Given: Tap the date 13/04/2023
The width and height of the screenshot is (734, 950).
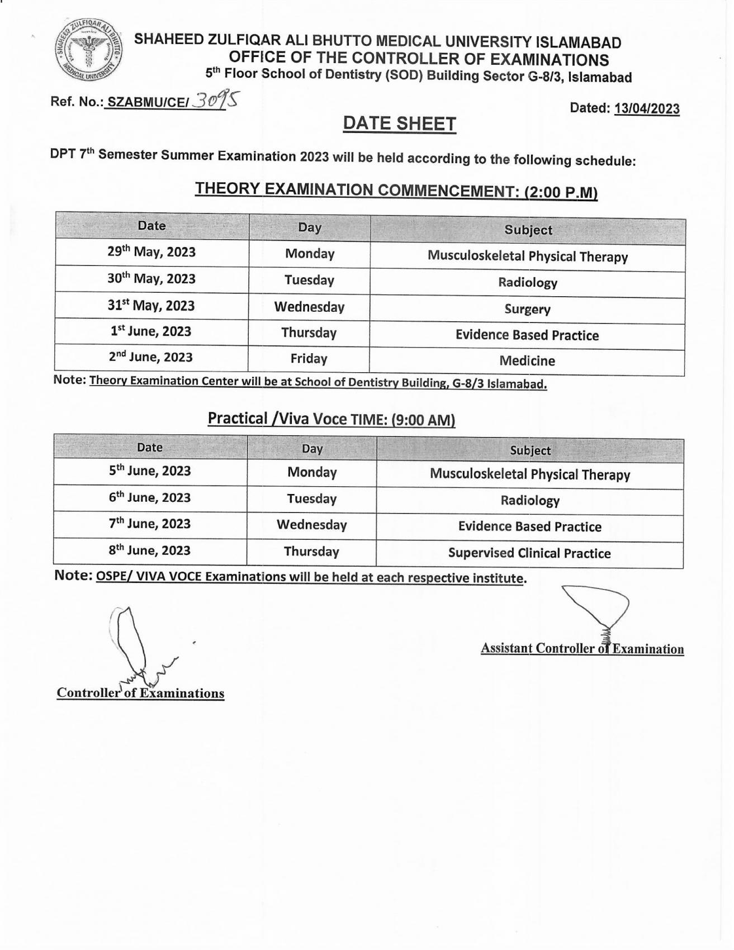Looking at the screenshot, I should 647,108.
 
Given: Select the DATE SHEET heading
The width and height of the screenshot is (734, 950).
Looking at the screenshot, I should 399,124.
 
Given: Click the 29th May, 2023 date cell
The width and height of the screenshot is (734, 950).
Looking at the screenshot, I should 151,252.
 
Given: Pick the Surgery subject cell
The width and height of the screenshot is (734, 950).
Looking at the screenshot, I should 527,309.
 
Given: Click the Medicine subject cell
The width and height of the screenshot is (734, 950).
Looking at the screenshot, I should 527,361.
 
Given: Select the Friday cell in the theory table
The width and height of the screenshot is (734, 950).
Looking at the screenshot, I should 309,359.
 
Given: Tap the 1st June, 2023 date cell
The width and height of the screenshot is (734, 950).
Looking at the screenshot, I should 151,331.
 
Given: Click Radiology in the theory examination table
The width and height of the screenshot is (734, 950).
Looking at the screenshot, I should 527,283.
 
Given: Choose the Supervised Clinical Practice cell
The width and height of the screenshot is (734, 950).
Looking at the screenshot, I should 529,553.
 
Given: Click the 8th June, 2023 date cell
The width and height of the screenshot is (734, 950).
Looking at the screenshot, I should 150,550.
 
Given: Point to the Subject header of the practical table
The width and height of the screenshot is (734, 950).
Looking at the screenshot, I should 530,450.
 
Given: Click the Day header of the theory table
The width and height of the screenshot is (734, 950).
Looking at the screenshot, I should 309,227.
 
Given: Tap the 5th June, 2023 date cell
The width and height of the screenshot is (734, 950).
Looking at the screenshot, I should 150,471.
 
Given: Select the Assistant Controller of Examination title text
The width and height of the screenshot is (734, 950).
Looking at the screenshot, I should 582,649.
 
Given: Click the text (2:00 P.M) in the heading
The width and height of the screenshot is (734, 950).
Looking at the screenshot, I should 560,193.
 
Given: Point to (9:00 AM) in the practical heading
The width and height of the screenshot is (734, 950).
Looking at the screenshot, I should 423,420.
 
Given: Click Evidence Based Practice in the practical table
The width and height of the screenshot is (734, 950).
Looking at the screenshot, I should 529,527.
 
